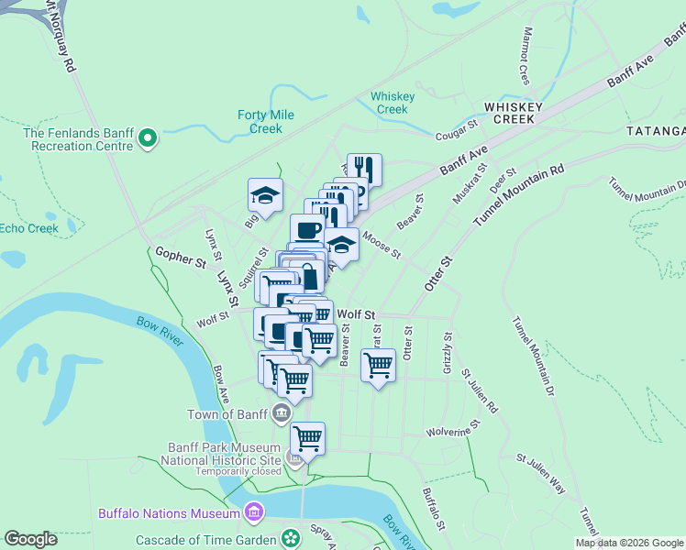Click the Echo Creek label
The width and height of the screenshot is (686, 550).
[29, 228]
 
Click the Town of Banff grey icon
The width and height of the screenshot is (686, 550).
[279, 414]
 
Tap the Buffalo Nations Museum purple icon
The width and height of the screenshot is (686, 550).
[255, 511]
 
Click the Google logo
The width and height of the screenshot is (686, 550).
[31, 539]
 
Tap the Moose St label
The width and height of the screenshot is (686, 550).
[381, 244]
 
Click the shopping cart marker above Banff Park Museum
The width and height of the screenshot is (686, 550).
[308, 439]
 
